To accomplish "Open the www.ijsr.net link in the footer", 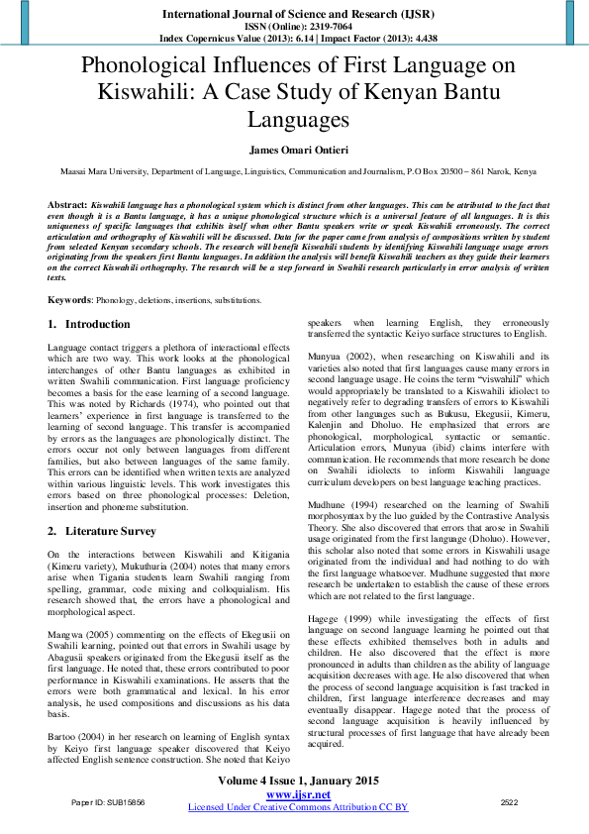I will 298,794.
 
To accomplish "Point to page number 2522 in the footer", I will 510,802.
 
